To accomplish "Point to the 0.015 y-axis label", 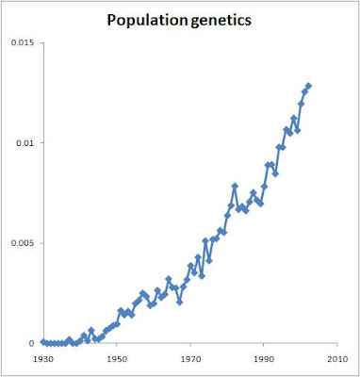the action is coord(23,42).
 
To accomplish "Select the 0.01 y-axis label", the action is coord(25,142).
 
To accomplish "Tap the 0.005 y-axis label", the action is coord(23,243).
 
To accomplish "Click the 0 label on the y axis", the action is coord(31,343).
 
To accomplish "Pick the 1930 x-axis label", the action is coord(43,358).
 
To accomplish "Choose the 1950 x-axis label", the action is coord(117,358).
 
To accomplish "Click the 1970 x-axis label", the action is coord(190,358).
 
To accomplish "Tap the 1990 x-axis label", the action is coord(264,358).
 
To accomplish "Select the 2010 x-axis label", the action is coord(337,358).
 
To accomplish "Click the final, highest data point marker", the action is coord(308,86).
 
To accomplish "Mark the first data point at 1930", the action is coord(43,342).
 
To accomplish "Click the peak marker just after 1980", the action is coord(235,186).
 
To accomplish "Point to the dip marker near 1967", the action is coord(180,303).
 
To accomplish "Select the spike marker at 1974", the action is coord(205,240).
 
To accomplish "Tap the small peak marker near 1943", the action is coord(91,330).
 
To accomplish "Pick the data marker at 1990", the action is coord(264,187).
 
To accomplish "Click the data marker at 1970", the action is coord(190,266).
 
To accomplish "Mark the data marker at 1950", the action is coord(117,324).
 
